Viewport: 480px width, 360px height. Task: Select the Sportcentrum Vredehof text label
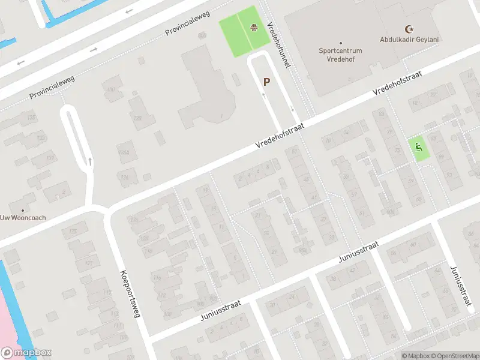coord(341,55)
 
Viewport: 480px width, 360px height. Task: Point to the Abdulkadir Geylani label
coord(410,39)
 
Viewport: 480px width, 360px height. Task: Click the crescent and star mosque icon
coord(410,28)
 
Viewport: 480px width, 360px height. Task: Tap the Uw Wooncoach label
coord(23,218)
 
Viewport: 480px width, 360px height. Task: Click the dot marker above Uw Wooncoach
coord(23,210)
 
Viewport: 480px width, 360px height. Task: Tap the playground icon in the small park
coord(419,146)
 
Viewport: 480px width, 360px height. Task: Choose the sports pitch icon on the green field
coord(254,26)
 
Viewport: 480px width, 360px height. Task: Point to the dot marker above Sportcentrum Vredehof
coord(341,43)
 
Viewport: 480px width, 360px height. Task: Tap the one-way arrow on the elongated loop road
coord(90,161)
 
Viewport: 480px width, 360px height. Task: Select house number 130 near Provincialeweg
coord(110,89)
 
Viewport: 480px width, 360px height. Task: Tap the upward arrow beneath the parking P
coord(263,95)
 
